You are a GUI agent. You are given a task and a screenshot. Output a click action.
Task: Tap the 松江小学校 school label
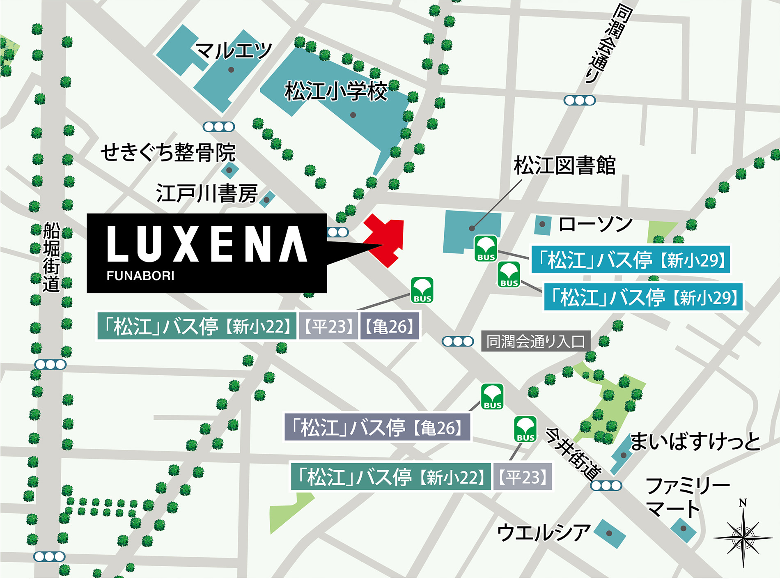tap(336, 91)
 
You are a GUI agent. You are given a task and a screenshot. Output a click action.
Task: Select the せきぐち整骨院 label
tap(168, 152)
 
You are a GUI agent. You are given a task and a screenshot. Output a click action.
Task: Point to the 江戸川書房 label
tap(207, 193)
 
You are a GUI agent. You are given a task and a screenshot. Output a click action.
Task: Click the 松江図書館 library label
tap(564, 165)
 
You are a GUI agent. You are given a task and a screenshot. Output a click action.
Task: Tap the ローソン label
tap(595, 224)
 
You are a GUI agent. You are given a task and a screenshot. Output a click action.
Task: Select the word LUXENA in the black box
tap(207, 244)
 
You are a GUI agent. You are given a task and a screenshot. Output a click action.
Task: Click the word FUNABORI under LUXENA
tap(140, 276)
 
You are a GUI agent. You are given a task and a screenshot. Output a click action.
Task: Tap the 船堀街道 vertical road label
tap(52, 257)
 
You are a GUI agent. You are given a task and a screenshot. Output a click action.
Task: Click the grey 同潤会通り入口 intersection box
tap(536, 341)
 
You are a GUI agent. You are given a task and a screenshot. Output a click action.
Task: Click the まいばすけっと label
tap(695, 442)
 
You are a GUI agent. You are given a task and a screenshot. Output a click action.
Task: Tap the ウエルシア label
tap(543, 533)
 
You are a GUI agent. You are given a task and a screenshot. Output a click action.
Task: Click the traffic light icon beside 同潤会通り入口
tap(458, 341)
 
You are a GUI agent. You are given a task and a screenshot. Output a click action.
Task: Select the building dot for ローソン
tap(542, 224)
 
